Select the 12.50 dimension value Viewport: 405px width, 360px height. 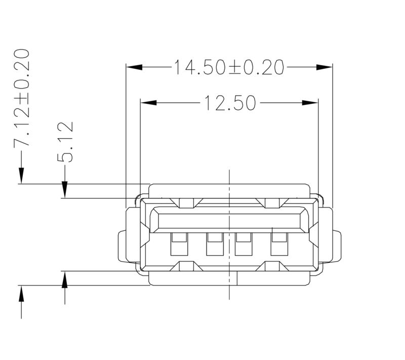229,103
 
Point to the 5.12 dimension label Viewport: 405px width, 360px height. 65,141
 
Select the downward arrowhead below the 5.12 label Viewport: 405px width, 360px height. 64,190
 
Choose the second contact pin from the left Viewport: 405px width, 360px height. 213,244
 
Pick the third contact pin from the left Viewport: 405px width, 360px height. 245,244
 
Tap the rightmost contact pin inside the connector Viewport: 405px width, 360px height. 278,244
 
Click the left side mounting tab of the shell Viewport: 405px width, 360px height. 123,247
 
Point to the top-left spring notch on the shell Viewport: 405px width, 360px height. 186,204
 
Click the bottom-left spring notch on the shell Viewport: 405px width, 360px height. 186,266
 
